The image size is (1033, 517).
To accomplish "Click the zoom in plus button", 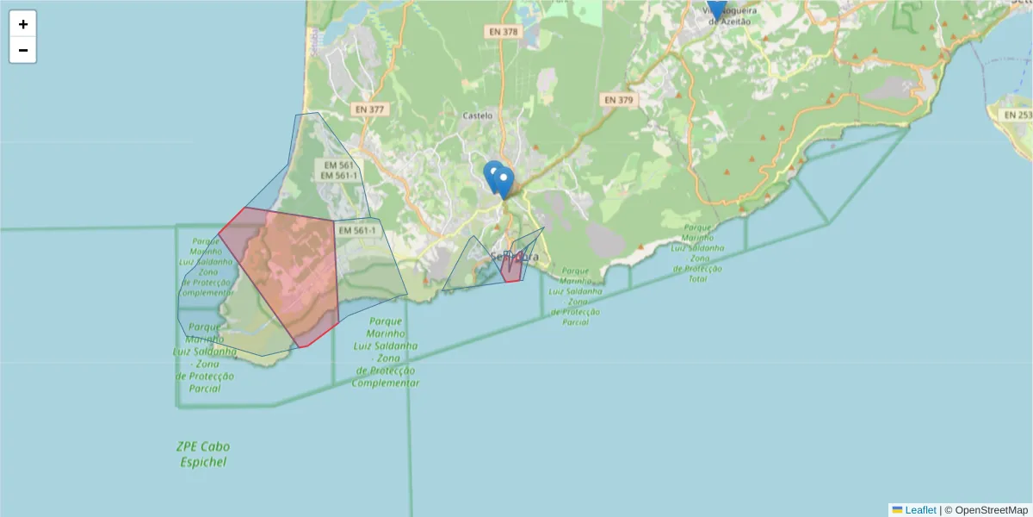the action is [x=23, y=24].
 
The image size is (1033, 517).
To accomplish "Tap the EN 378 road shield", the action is [x=504, y=32].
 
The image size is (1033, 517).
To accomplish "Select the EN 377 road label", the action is [x=369, y=109].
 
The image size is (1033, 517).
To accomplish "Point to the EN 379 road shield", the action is [x=618, y=100].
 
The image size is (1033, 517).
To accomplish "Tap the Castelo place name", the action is [x=478, y=115].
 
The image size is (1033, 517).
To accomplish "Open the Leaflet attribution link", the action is [x=919, y=510].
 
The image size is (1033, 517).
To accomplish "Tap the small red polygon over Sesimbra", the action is [x=511, y=268].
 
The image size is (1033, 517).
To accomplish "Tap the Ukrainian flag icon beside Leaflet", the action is [x=897, y=510].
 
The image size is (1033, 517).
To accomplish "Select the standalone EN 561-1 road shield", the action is [x=356, y=231].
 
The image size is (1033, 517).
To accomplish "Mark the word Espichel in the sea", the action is [x=203, y=462].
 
